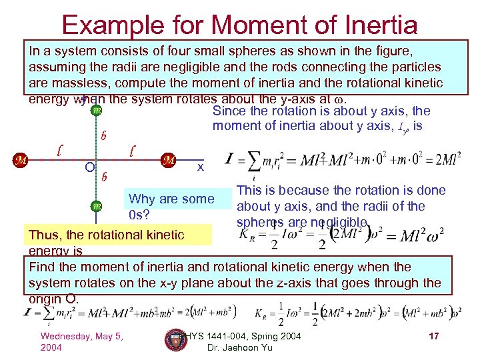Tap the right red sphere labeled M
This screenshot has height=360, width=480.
(x=169, y=160)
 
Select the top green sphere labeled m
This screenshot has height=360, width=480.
(x=97, y=110)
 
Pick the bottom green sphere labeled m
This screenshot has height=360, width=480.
(x=97, y=207)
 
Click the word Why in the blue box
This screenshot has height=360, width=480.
(x=142, y=199)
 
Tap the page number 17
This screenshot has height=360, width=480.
(x=433, y=336)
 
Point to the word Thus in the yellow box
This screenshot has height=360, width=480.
(x=43, y=235)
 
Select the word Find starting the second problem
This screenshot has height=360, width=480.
(x=43, y=267)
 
